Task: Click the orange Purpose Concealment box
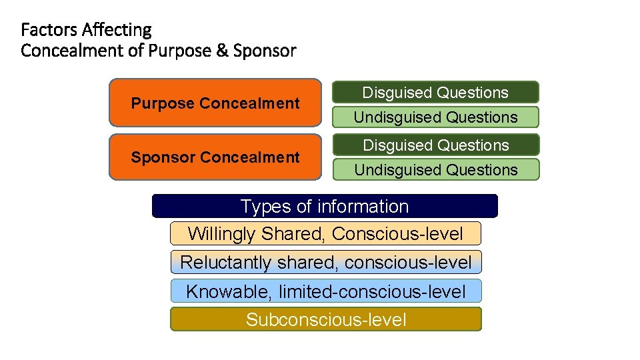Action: (x=215, y=103)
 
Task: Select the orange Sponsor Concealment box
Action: (x=215, y=157)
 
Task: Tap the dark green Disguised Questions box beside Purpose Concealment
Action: (x=435, y=93)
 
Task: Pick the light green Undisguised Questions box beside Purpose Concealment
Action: (x=435, y=117)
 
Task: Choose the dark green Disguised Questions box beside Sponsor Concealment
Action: (x=435, y=145)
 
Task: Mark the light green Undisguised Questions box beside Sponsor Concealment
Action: (x=435, y=170)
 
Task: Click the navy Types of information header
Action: (x=325, y=207)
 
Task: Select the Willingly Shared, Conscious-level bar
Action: (x=325, y=234)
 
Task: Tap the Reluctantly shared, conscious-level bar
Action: (x=325, y=262)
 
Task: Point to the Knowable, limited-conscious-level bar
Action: (x=325, y=291)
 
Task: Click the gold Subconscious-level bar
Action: (x=325, y=319)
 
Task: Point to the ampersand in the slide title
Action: (x=222, y=51)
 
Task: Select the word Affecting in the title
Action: (x=117, y=30)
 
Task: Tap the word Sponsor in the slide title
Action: (x=265, y=51)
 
